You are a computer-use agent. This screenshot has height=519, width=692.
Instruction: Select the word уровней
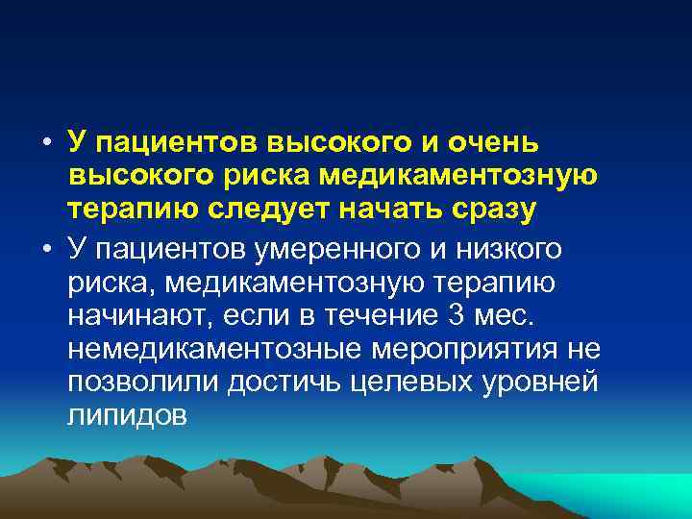coord(540,383)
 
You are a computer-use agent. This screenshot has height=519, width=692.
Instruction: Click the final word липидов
coord(129,417)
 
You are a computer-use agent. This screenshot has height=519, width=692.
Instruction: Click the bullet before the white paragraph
coord(46,249)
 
